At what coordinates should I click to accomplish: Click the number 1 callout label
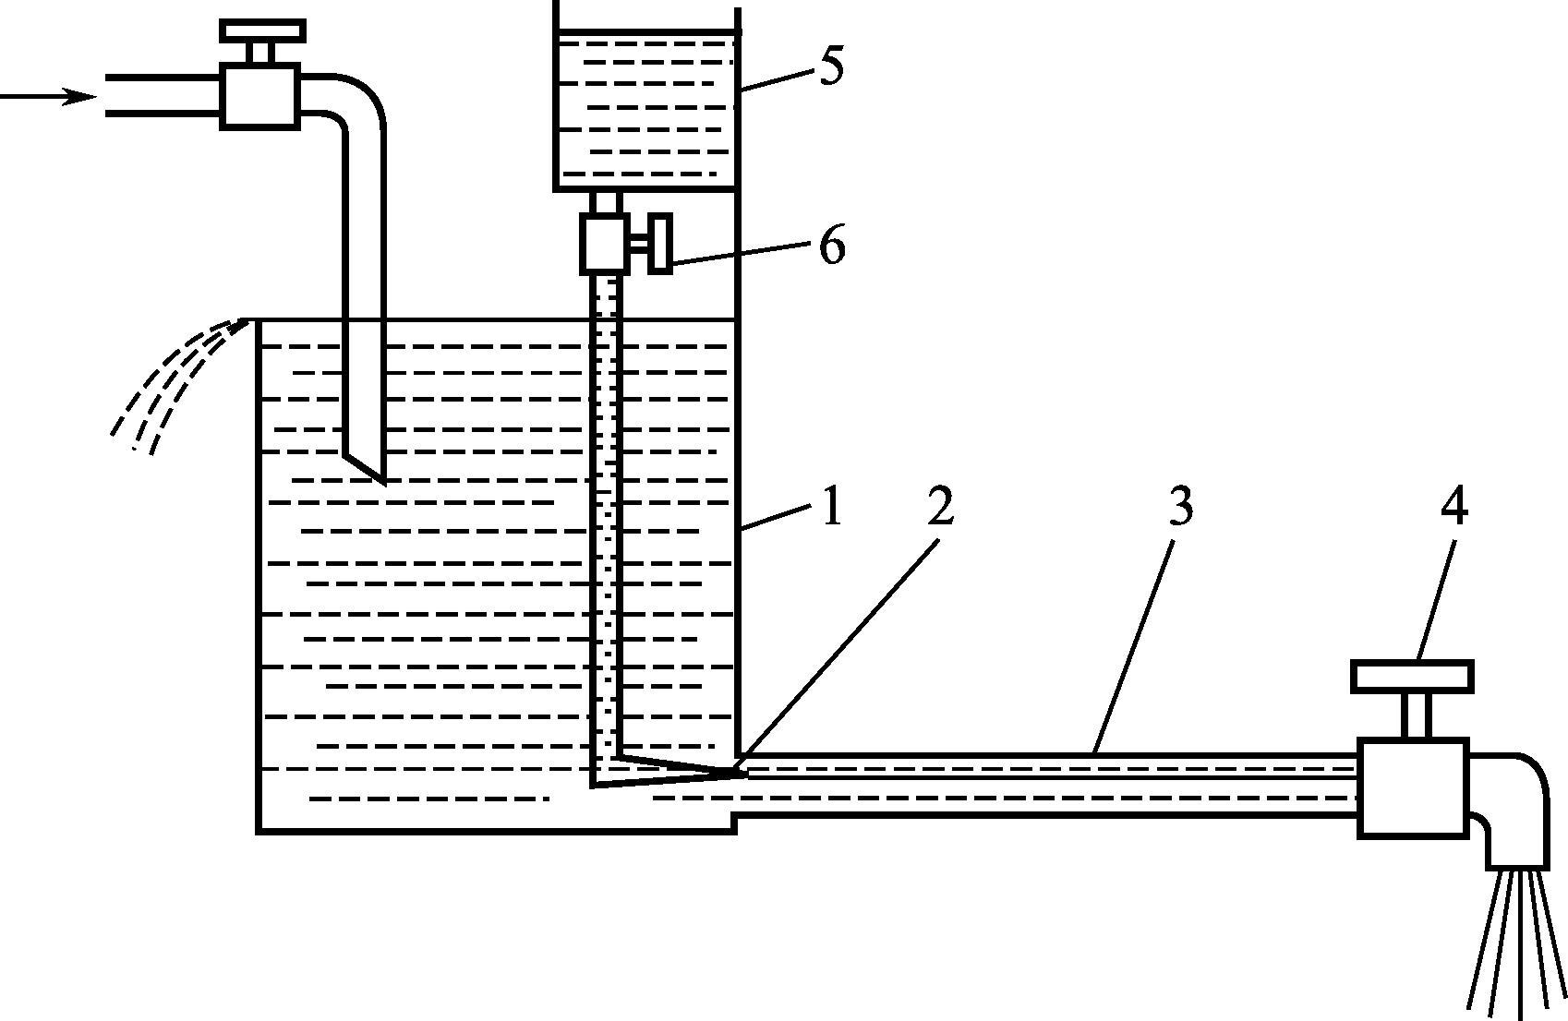coord(832,507)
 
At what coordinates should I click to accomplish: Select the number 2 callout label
coord(939,506)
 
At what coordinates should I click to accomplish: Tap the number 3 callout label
coord(1181,506)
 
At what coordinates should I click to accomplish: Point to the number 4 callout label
coord(1454,506)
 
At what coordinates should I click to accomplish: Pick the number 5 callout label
coord(831,67)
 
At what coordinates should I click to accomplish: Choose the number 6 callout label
coord(832,246)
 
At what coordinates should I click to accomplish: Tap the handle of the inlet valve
coord(262,30)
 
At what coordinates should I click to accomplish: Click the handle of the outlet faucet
coord(1412,677)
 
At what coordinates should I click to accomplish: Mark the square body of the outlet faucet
coord(1412,787)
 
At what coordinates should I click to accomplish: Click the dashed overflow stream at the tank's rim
coord(175,383)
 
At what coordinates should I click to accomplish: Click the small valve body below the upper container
coord(605,243)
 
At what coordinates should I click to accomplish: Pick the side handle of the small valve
coord(659,244)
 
